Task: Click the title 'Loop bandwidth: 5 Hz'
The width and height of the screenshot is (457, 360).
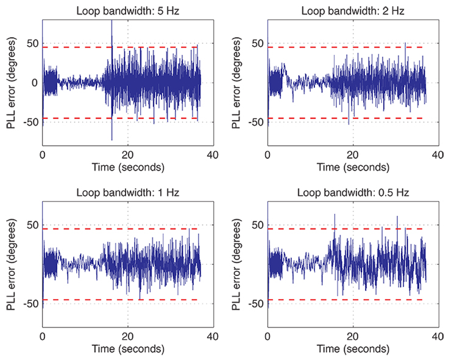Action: [x=127, y=10]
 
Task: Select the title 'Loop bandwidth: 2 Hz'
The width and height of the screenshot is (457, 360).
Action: [x=353, y=10]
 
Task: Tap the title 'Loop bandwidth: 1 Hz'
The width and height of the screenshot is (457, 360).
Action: [x=127, y=192]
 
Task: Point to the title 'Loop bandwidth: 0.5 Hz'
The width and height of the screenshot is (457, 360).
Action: [x=353, y=192]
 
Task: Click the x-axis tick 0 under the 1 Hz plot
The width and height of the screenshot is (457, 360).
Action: [x=43, y=336]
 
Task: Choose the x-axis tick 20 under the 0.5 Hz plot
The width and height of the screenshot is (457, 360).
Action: [x=353, y=336]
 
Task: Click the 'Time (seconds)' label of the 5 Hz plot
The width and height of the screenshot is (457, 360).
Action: [x=127, y=167]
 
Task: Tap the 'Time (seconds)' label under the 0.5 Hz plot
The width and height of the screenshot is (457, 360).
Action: [x=353, y=349]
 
